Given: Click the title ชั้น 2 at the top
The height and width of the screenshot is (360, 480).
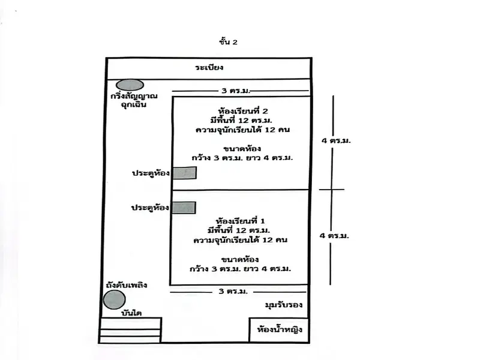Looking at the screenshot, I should tap(229, 42).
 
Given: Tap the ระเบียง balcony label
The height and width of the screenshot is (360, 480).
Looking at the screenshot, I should tap(209, 68).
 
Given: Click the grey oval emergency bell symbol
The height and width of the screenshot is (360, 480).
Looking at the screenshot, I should tap(130, 85).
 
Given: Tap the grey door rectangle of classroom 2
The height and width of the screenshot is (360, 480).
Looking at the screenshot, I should tap(184, 173).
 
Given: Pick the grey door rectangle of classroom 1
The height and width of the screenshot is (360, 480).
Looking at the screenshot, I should tap(184, 208).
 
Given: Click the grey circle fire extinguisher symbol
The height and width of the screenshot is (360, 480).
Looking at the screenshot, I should tap(114, 299).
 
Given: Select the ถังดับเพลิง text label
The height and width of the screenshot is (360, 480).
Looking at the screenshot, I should tap(125, 285).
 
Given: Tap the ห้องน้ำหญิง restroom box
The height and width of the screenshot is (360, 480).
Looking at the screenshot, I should tap(279, 329).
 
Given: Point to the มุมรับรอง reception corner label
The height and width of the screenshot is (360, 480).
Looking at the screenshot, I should tap(283, 305).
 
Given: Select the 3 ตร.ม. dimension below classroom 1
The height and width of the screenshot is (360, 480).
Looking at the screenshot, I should tap(233, 292).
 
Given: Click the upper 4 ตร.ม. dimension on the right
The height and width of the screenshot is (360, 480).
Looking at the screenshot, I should tap(336, 140).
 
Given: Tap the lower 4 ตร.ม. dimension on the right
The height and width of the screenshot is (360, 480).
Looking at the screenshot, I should tap(335, 236).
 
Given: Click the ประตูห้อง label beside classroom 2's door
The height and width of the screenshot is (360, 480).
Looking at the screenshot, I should tap(151, 173).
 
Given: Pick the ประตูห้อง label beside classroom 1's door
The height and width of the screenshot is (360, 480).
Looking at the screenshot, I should tap(151, 208).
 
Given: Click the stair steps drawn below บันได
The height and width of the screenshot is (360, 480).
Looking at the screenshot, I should tap(130, 331).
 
